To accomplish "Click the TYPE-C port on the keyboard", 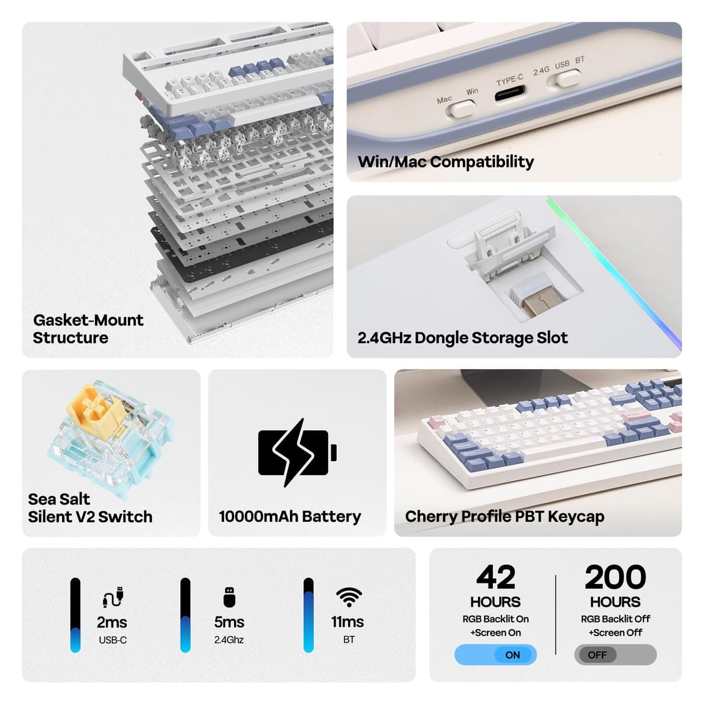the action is tap(510, 93).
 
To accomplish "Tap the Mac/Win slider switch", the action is tap(462, 109).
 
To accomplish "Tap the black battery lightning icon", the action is tap(297, 453).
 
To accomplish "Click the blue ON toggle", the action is tap(495, 655).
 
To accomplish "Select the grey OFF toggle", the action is tap(615, 655).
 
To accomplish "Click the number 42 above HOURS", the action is tap(496, 577).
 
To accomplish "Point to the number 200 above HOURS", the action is tap(615, 577).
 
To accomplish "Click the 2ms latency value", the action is tap(112, 622).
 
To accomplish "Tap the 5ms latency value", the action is tap(229, 622).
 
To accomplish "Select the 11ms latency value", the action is tap(347, 622).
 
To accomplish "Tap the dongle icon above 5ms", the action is tap(229, 597).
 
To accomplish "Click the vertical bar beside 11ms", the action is tap(309, 615).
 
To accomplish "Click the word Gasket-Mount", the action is tap(88, 320).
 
